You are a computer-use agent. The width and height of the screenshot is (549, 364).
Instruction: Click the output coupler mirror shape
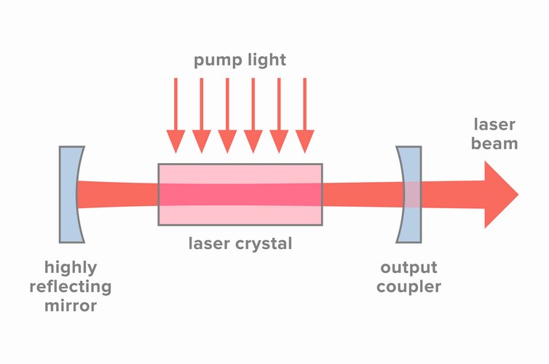(x=410, y=194)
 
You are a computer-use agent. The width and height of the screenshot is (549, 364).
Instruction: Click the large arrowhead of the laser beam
(x=501, y=194)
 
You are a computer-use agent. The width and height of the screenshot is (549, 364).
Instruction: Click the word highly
(x=70, y=267)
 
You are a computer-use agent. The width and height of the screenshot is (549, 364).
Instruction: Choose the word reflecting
(x=70, y=286)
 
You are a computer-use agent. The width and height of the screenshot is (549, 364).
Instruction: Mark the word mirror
(x=70, y=305)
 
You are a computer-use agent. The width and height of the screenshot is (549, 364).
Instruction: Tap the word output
(x=408, y=267)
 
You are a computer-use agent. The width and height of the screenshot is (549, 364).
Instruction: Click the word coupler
(x=408, y=286)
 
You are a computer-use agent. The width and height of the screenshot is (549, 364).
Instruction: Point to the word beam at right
(x=495, y=143)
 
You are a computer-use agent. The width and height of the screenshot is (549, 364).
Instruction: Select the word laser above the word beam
(x=495, y=124)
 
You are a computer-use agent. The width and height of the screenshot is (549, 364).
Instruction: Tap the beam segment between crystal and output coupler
(x=360, y=194)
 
